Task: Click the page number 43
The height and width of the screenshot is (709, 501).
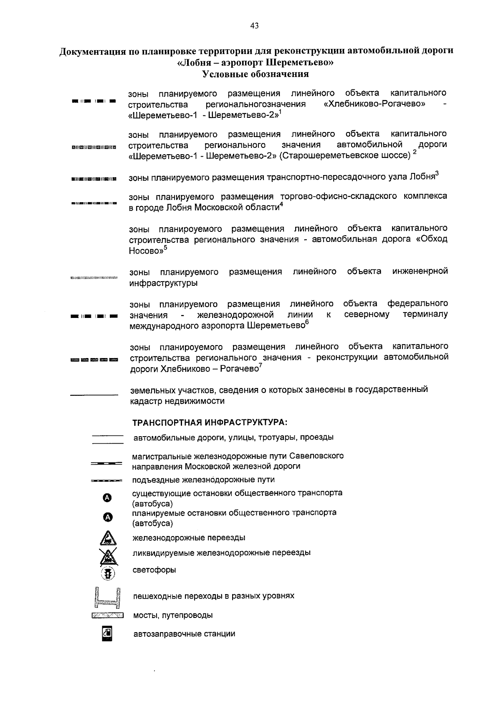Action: (x=254, y=26)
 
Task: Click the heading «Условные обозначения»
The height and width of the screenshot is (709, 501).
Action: (x=256, y=74)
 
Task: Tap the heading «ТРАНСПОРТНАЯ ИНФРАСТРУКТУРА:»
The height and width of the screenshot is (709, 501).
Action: (x=210, y=422)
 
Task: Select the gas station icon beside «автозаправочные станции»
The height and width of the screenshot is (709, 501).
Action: (x=107, y=633)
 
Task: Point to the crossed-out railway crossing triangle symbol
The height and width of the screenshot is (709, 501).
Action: (x=108, y=556)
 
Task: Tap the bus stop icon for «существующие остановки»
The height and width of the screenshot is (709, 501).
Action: (x=108, y=498)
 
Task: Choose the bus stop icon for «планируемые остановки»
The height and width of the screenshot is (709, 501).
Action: (x=108, y=517)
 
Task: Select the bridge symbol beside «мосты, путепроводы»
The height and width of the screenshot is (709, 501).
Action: (x=107, y=615)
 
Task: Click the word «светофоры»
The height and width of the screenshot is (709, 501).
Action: (x=154, y=570)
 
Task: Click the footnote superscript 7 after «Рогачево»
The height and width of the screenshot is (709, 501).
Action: (x=261, y=366)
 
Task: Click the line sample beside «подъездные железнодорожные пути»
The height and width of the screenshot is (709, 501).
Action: (x=106, y=481)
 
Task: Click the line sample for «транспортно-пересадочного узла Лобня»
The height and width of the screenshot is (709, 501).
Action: (x=94, y=179)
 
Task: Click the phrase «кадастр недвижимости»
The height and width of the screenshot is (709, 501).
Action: (x=177, y=401)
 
